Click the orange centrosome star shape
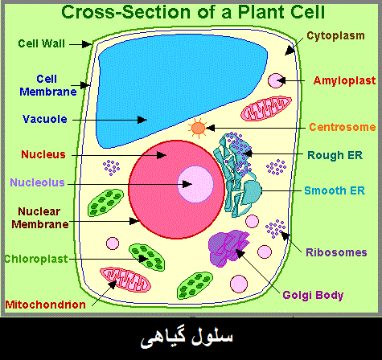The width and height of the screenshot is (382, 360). tap(199, 129)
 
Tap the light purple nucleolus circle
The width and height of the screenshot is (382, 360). tap(195, 184)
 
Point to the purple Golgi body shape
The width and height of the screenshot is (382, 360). tap(228, 248)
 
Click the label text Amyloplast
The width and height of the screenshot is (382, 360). tap(344, 80)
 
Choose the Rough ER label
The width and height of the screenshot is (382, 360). tap(335, 155)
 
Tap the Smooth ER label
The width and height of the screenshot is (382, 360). tap(335, 190)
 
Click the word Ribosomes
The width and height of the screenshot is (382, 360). tap(336, 252)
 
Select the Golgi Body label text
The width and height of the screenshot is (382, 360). tap(313, 296)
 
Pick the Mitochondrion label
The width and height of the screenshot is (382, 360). tap(46, 305)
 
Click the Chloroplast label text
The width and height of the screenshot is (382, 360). tap(36, 259)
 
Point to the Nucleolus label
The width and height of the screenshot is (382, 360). tap(37, 182)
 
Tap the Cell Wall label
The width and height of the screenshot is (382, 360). tap(42, 43)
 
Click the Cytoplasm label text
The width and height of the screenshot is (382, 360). tap(335, 35)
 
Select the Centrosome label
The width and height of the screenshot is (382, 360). tap(343, 127)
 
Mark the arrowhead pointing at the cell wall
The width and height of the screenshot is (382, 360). tap(87, 44)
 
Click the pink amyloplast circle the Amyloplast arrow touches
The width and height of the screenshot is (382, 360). tap(276, 80)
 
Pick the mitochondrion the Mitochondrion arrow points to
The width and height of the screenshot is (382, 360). tap(125, 280)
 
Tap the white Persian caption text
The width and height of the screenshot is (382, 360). tap(187, 338)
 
